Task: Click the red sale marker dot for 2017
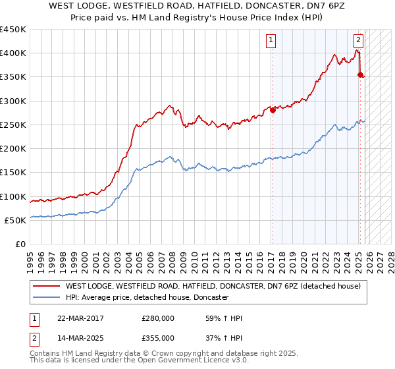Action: tap(273, 111)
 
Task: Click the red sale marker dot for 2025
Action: tap(360, 75)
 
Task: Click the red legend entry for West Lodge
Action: tap(213, 287)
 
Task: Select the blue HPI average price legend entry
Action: tap(147, 298)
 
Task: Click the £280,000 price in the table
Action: tap(158, 319)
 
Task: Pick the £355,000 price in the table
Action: tap(158, 337)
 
